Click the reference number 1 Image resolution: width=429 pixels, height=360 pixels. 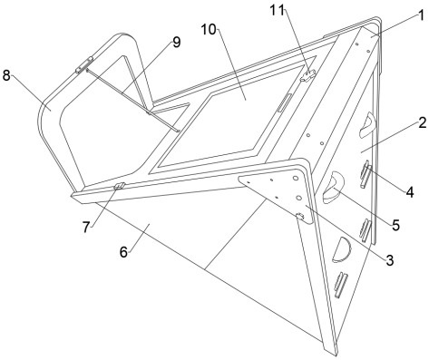(x=420, y=15)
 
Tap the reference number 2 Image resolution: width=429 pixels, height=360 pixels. (x=423, y=123)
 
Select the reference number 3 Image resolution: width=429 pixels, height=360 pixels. (x=390, y=260)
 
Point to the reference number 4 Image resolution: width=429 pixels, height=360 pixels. (x=410, y=192)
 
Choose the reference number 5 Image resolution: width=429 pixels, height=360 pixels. (x=396, y=225)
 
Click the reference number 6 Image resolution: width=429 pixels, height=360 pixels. (x=123, y=252)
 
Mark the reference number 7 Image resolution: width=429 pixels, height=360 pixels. (x=86, y=228)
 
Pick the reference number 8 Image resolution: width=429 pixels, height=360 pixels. (x=6, y=75)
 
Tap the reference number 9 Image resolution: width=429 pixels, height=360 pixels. (x=176, y=43)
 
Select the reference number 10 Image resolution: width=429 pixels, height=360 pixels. (x=209, y=30)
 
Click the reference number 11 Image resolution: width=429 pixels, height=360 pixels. (x=278, y=11)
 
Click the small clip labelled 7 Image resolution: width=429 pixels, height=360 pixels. (x=120, y=186)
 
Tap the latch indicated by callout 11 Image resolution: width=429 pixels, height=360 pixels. (x=307, y=75)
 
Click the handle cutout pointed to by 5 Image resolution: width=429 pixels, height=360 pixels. (x=333, y=187)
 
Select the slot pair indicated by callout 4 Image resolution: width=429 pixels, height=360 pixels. (x=366, y=174)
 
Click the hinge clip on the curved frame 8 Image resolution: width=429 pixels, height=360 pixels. (x=84, y=65)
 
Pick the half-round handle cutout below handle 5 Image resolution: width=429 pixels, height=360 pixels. (x=341, y=249)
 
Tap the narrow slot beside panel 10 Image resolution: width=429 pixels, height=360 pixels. (x=285, y=103)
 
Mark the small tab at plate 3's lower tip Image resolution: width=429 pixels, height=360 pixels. (x=300, y=216)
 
